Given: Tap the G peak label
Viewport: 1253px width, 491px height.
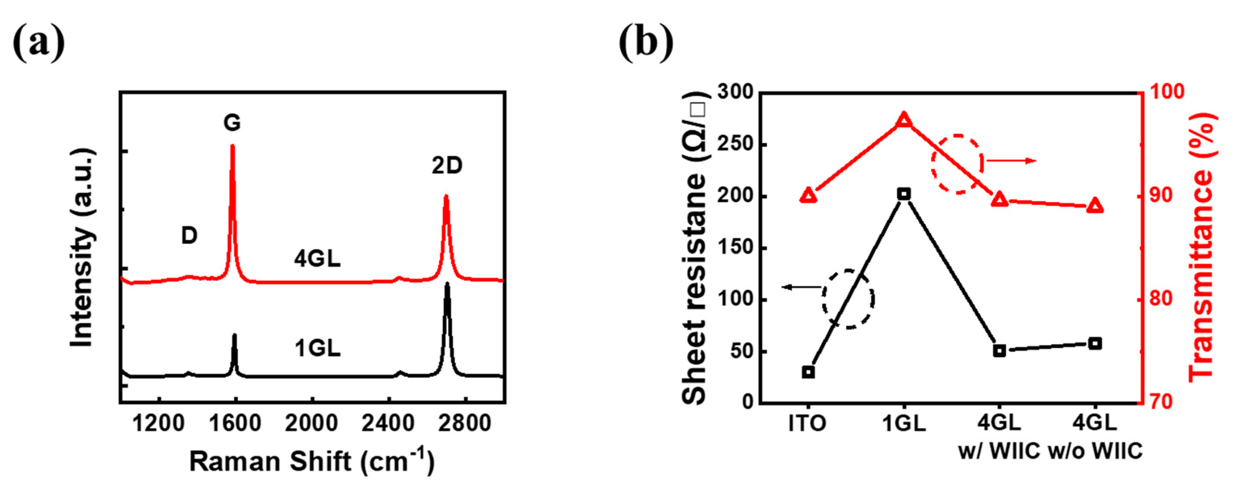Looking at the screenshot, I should click(232, 123).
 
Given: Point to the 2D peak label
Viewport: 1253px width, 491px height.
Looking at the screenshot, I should click(447, 166).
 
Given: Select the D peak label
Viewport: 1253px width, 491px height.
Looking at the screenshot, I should click(189, 236).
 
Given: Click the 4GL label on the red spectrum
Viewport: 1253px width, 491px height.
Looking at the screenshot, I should click(317, 259).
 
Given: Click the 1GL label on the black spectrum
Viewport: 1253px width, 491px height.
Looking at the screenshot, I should click(317, 348).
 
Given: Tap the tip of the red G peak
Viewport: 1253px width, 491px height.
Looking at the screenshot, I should click(232, 146).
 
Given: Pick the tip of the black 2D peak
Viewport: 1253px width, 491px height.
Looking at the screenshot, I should click(447, 284).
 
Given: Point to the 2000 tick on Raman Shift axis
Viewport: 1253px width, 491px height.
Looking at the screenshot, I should click(311, 423).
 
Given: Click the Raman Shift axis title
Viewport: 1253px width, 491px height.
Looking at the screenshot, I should click(311, 461).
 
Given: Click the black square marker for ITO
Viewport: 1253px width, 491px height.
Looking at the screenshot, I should click(808, 372).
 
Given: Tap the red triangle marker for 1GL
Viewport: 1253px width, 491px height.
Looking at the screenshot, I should click(904, 120).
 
